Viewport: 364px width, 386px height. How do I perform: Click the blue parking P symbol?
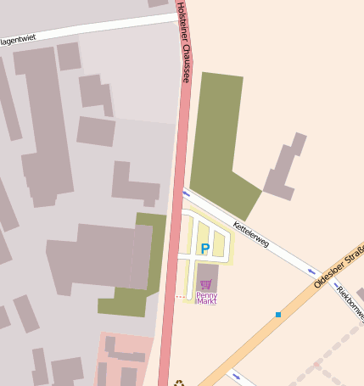click(x=204, y=248)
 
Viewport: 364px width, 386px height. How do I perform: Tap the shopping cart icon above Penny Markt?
click(x=206, y=284)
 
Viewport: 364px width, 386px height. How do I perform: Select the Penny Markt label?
click(x=207, y=298)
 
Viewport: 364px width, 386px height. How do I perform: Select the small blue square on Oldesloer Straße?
click(x=277, y=315)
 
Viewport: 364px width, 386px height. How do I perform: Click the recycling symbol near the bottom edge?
click(x=179, y=382)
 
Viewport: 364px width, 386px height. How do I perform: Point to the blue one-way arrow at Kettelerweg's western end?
click(x=188, y=194)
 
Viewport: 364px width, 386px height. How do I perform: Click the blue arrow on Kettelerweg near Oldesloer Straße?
click(x=311, y=272)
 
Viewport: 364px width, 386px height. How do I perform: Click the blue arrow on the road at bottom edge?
click(x=236, y=376)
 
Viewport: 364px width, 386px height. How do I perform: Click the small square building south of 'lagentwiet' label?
click(x=69, y=56)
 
